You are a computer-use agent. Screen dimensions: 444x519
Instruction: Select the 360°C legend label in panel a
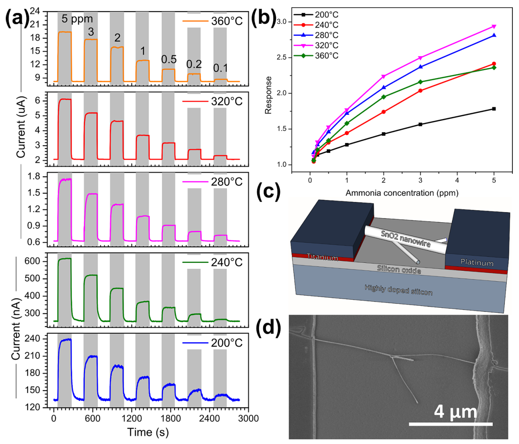[x=227, y=21]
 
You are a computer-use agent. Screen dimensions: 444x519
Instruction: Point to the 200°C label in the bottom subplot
[x=227, y=343]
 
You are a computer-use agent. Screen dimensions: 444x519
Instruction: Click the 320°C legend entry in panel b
[x=326, y=45]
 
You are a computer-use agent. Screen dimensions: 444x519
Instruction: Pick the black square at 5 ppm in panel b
[x=494, y=109]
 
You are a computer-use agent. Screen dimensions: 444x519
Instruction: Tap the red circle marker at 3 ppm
[x=420, y=90]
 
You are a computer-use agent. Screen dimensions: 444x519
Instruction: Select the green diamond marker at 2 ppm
[x=383, y=97]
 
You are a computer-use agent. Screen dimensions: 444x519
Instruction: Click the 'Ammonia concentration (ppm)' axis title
[x=402, y=193]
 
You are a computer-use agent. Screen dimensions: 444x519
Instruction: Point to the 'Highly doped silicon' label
[x=398, y=290]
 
